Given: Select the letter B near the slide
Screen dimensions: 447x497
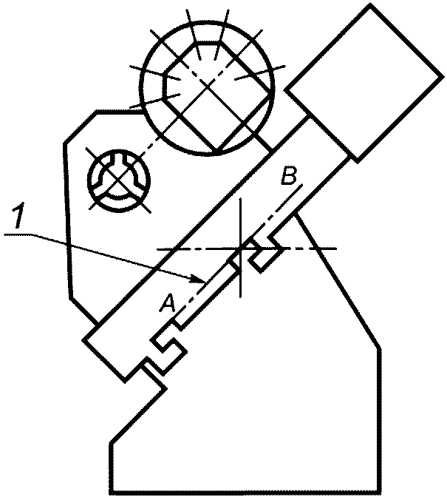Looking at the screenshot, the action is (x=290, y=177).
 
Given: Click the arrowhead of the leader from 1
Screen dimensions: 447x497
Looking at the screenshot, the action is (x=201, y=281).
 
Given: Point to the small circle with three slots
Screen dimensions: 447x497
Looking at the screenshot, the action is (x=118, y=177).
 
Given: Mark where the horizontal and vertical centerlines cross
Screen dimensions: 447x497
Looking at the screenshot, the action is (x=241, y=249).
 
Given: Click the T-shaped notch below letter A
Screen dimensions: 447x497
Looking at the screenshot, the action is (x=168, y=342).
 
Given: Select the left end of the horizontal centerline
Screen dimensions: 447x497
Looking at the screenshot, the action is (x=157, y=249).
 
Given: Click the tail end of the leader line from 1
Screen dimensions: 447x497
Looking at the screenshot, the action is (x=3, y=234).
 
